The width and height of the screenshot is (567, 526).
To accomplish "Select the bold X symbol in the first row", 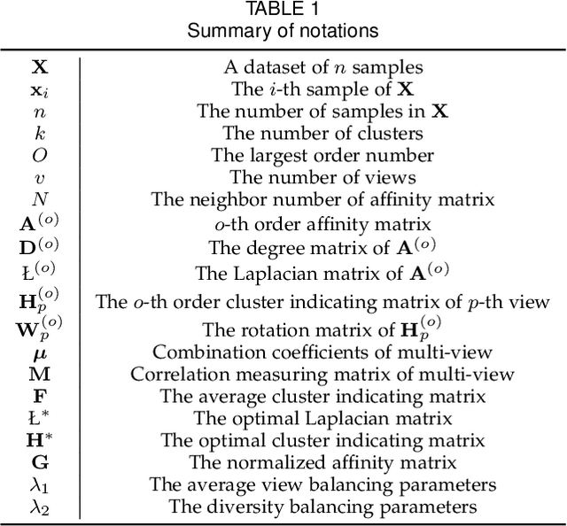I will [x=40, y=66].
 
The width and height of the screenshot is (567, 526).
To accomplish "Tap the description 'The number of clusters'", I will [x=322, y=133].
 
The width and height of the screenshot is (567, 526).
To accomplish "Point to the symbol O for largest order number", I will [x=40, y=155].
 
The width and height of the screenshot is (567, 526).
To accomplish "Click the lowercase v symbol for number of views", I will [x=40, y=177].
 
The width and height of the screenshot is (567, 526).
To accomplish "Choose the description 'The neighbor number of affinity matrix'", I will [x=322, y=199].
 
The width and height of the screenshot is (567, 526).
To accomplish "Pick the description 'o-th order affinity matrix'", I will [x=322, y=223].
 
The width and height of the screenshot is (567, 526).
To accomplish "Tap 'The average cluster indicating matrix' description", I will [x=322, y=395].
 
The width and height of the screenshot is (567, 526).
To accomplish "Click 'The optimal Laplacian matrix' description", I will [x=322, y=417].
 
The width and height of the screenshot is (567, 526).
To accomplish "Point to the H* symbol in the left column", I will [x=40, y=439].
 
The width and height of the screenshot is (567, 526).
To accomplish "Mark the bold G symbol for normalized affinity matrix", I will [x=40, y=461].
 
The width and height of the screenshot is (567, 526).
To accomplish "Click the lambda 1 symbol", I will [x=40, y=483].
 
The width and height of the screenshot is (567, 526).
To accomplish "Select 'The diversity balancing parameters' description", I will [x=322, y=506].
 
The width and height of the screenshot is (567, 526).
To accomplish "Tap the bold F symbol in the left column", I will [x=40, y=395].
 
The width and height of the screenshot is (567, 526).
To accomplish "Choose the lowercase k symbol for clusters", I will [x=40, y=133].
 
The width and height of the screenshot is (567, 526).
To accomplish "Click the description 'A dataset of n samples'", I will [x=322, y=66].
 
